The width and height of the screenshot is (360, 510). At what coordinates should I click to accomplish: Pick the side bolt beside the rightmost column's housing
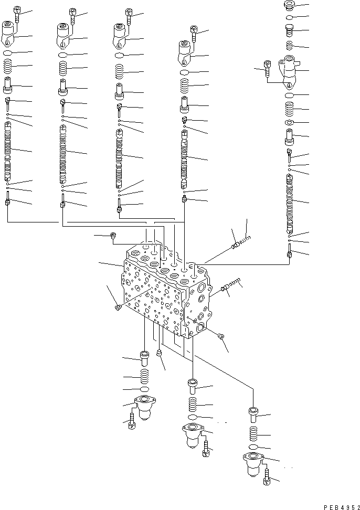268,69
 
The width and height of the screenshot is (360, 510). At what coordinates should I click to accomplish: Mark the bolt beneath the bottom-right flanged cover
267,478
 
